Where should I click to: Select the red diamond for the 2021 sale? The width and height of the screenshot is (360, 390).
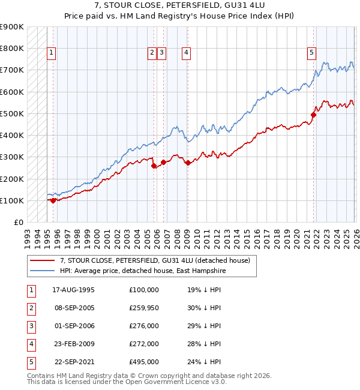coord(313,115)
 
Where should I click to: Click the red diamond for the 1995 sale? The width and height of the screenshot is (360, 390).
coord(53,200)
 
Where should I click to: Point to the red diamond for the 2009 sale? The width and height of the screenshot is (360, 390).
coord(188,163)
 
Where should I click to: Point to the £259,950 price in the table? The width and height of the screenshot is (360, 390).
coord(144,308)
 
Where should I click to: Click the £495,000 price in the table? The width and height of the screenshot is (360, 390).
coord(144,362)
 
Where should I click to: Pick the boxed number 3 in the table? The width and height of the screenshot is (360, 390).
coord(31,326)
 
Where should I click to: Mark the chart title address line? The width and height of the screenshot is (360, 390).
coord(179,5)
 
